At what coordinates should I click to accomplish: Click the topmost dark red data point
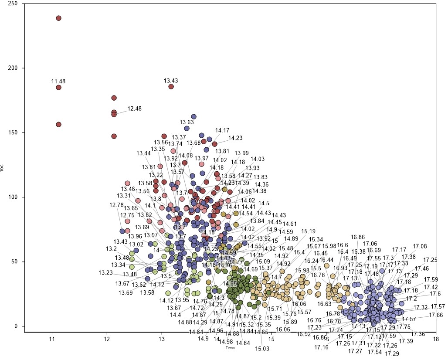tap(58, 18)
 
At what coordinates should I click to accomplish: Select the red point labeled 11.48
tap(58, 88)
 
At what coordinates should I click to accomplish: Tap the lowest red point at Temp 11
tap(58, 125)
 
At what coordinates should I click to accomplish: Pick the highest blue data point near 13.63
tap(193, 117)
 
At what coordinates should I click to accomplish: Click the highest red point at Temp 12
tap(114, 98)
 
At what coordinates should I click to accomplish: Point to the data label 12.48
tap(134, 109)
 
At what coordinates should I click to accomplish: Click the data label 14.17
tap(222, 130)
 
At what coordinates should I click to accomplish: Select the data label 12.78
tap(116, 205)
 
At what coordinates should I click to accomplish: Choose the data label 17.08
tap(420, 247)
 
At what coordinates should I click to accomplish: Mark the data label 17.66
tap(436, 315)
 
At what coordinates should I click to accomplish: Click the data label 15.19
tap(309, 231)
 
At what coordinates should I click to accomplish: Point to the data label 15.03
tap(262, 349)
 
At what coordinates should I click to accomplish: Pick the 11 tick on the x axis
tap(52, 339)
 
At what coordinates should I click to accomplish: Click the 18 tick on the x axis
tap(435, 339)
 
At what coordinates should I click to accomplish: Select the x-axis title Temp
tap(230, 348)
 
